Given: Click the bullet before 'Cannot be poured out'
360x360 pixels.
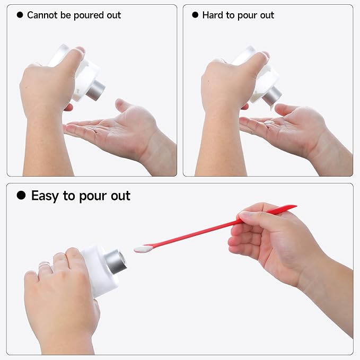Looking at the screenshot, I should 20,15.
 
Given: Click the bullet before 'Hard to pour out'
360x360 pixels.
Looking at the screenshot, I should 195,15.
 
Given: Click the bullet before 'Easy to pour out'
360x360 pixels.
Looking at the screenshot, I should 21,196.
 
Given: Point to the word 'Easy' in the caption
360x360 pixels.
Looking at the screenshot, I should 45,196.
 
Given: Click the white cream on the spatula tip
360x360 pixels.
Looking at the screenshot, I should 140,248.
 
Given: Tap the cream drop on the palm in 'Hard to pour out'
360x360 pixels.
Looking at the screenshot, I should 269,122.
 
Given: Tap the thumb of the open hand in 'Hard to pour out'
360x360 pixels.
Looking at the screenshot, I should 286,110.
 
